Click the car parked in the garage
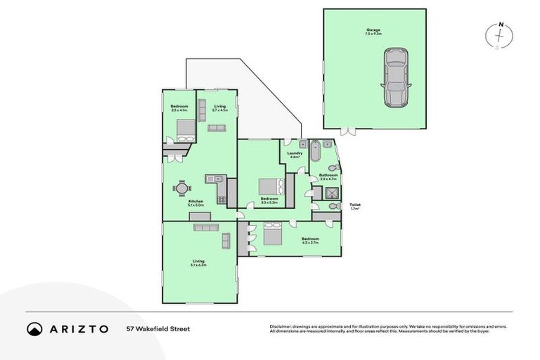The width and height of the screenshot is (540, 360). click(396, 77)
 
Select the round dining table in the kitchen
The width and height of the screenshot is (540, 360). click(182, 188)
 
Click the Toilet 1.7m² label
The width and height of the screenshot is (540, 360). click(355, 207)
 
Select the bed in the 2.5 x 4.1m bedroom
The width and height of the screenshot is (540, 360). click(186, 129)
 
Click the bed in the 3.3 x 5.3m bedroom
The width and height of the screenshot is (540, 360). click(268, 186)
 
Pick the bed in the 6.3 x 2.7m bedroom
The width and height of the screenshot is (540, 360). click(273, 233)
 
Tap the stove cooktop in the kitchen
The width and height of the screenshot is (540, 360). click(221, 199)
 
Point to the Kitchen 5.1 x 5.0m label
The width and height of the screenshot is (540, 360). click(196, 202)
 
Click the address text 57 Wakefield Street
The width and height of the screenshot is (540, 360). click(157, 328)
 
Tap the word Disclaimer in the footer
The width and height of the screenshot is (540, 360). click(280, 326)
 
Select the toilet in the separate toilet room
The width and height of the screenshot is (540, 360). click(318, 206)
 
